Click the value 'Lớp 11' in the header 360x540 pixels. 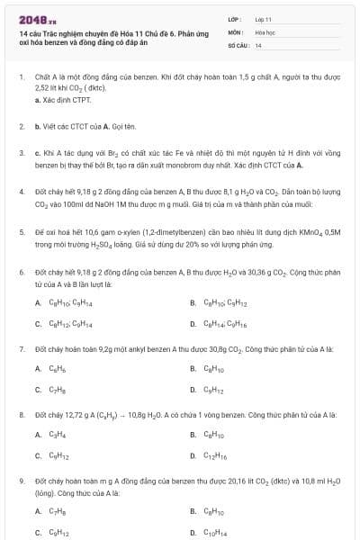pos(263,18)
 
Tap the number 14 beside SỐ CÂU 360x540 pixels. pos(258,44)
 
